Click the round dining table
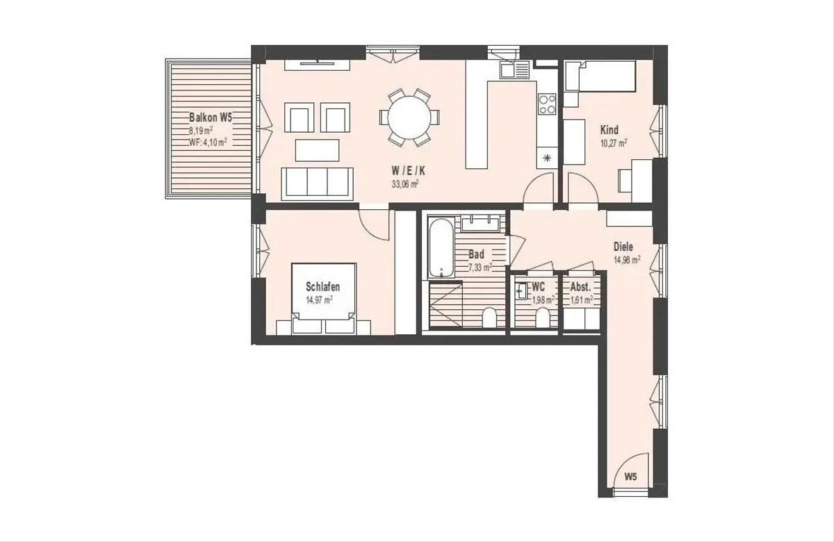(x=409, y=117)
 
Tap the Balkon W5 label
(x=211, y=117)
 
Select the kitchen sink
(x=514, y=70)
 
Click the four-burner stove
(x=547, y=104)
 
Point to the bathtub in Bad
(x=441, y=247)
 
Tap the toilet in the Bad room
(x=489, y=318)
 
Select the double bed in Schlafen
(x=324, y=299)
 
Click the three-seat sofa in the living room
(x=317, y=183)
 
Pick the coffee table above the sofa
(x=317, y=150)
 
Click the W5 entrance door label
(x=630, y=477)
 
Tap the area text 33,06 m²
(x=405, y=184)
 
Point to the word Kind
(x=609, y=130)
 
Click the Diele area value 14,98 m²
(x=627, y=259)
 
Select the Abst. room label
(x=580, y=287)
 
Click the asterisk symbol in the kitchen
(x=546, y=158)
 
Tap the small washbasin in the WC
(x=521, y=290)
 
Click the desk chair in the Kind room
(x=625, y=181)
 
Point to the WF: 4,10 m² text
(x=208, y=142)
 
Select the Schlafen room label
(x=322, y=286)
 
